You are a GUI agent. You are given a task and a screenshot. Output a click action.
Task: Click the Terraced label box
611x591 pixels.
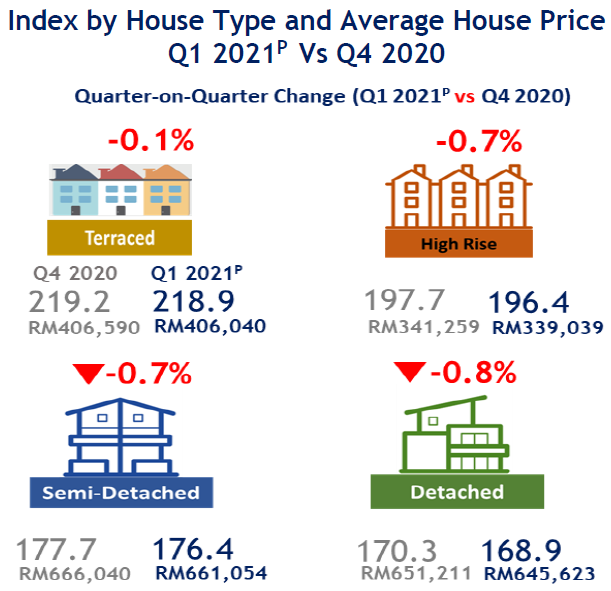click(119, 237)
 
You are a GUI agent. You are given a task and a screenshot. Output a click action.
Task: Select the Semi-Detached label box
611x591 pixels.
click(120, 492)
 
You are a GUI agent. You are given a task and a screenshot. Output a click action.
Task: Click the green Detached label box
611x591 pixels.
click(456, 491)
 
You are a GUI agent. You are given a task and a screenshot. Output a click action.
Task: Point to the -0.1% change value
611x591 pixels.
click(149, 140)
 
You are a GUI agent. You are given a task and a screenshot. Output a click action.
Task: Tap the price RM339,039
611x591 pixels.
click(548, 326)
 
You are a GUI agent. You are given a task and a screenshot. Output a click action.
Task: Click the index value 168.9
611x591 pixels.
click(521, 550)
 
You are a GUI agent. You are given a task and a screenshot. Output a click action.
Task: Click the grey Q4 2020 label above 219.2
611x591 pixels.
click(75, 273)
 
